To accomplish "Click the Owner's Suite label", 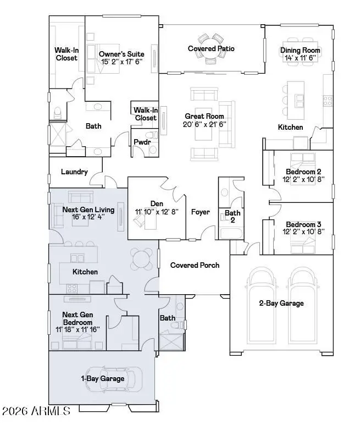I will pyautogui.click(x=121, y=54).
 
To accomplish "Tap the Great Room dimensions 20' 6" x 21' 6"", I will pyautogui.click(x=204, y=124).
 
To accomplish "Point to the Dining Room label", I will pyautogui.click(x=300, y=51).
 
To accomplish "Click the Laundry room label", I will pyautogui.click(x=74, y=172).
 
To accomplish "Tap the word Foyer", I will pyautogui.click(x=201, y=212).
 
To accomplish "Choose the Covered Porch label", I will pyautogui.click(x=195, y=265).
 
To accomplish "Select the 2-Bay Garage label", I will pyautogui.click(x=281, y=303).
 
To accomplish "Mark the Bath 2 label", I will pyautogui.click(x=232, y=216).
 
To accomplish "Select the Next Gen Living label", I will pyautogui.click(x=88, y=210).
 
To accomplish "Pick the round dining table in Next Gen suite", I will pyautogui.click(x=142, y=257).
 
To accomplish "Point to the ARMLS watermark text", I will pyautogui.click(x=36, y=411).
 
